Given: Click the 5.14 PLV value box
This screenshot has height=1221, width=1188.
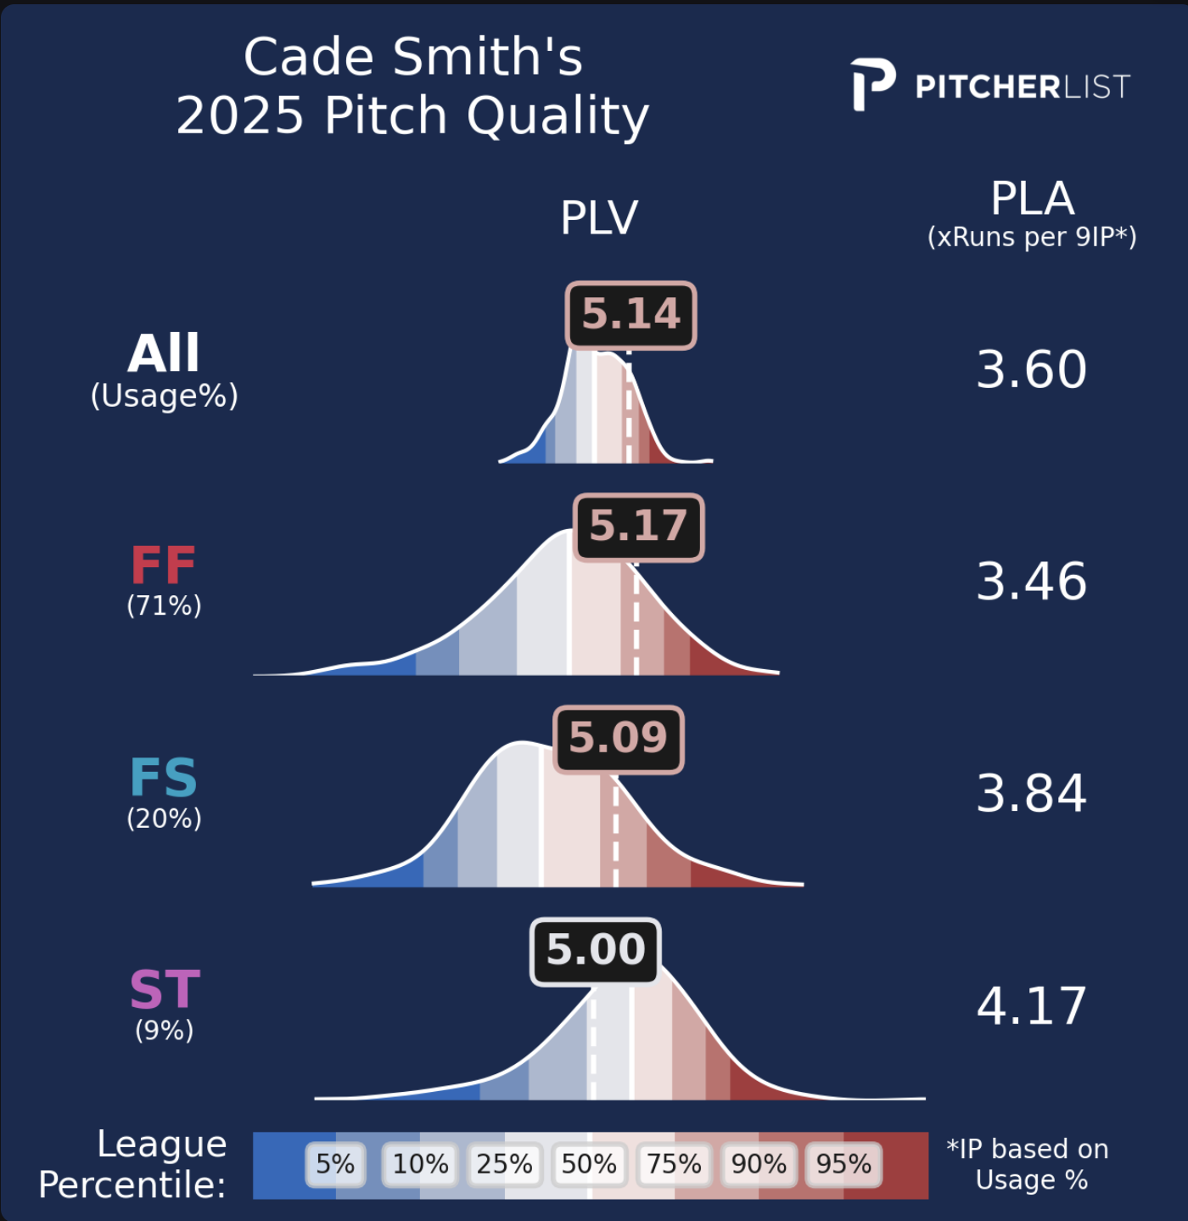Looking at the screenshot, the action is pyautogui.click(x=630, y=315).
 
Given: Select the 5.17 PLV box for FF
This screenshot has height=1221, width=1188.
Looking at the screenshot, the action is pyautogui.click(x=639, y=527).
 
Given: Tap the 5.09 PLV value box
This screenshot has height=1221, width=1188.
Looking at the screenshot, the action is pyautogui.click(x=619, y=739).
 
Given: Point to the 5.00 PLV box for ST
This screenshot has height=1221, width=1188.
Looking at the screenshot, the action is pyautogui.click(x=596, y=951).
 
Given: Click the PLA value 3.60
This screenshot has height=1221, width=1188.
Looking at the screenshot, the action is pyautogui.click(x=1031, y=369).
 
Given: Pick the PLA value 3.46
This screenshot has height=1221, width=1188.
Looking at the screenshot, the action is pyautogui.click(x=1031, y=582).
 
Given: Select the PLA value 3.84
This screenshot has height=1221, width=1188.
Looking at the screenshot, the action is pyautogui.click(x=1031, y=794).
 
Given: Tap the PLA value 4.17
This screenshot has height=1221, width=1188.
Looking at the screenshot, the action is pyautogui.click(x=1031, y=1006).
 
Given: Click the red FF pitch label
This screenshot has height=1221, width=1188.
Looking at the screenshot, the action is pyautogui.click(x=163, y=565).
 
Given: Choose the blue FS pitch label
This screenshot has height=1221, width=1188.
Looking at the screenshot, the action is pyautogui.click(x=164, y=778).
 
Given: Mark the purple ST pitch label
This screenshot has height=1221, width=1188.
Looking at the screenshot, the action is pyautogui.click(x=165, y=989).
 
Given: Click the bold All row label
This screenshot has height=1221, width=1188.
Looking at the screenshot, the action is pyautogui.click(x=164, y=353).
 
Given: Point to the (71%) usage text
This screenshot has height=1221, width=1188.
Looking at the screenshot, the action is pyautogui.click(x=165, y=605).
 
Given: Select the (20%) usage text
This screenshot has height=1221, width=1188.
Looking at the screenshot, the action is pyautogui.click(x=165, y=819).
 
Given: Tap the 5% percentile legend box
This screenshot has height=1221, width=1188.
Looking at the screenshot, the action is pyautogui.click(x=335, y=1164).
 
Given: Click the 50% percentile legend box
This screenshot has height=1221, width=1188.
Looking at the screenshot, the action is pyautogui.click(x=589, y=1164).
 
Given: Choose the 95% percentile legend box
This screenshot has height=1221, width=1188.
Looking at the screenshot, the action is pyautogui.click(x=843, y=1164).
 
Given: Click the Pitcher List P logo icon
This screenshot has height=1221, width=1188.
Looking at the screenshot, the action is pyautogui.click(x=872, y=84).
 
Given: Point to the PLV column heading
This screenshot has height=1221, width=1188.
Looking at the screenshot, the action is pyautogui.click(x=599, y=218).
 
